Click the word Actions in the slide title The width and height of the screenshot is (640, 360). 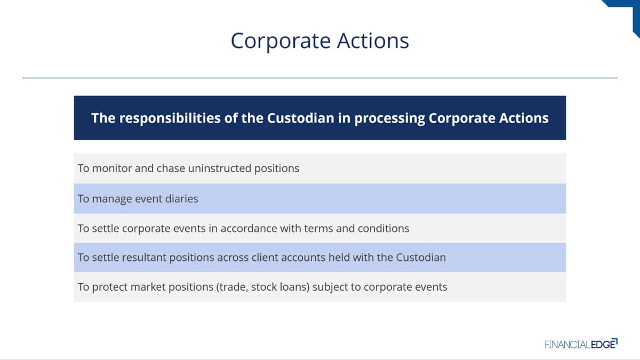pyautogui.click(x=373, y=41)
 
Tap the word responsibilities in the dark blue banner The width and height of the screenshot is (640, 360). pyautogui.click(x=170, y=118)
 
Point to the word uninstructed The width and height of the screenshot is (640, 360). pyautogui.click(x=220, y=169)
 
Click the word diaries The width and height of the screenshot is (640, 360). pyautogui.click(x=182, y=198)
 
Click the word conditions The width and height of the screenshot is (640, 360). pyautogui.click(x=383, y=229)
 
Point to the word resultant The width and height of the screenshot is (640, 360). pyautogui.click(x=145, y=258)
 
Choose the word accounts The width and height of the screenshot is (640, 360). pyautogui.click(x=303, y=258)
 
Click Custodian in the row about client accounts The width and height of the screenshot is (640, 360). pyautogui.click(x=421, y=258)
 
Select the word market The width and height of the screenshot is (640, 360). pyautogui.click(x=148, y=287)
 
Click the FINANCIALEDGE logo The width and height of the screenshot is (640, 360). pyautogui.click(x=581, y=344)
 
